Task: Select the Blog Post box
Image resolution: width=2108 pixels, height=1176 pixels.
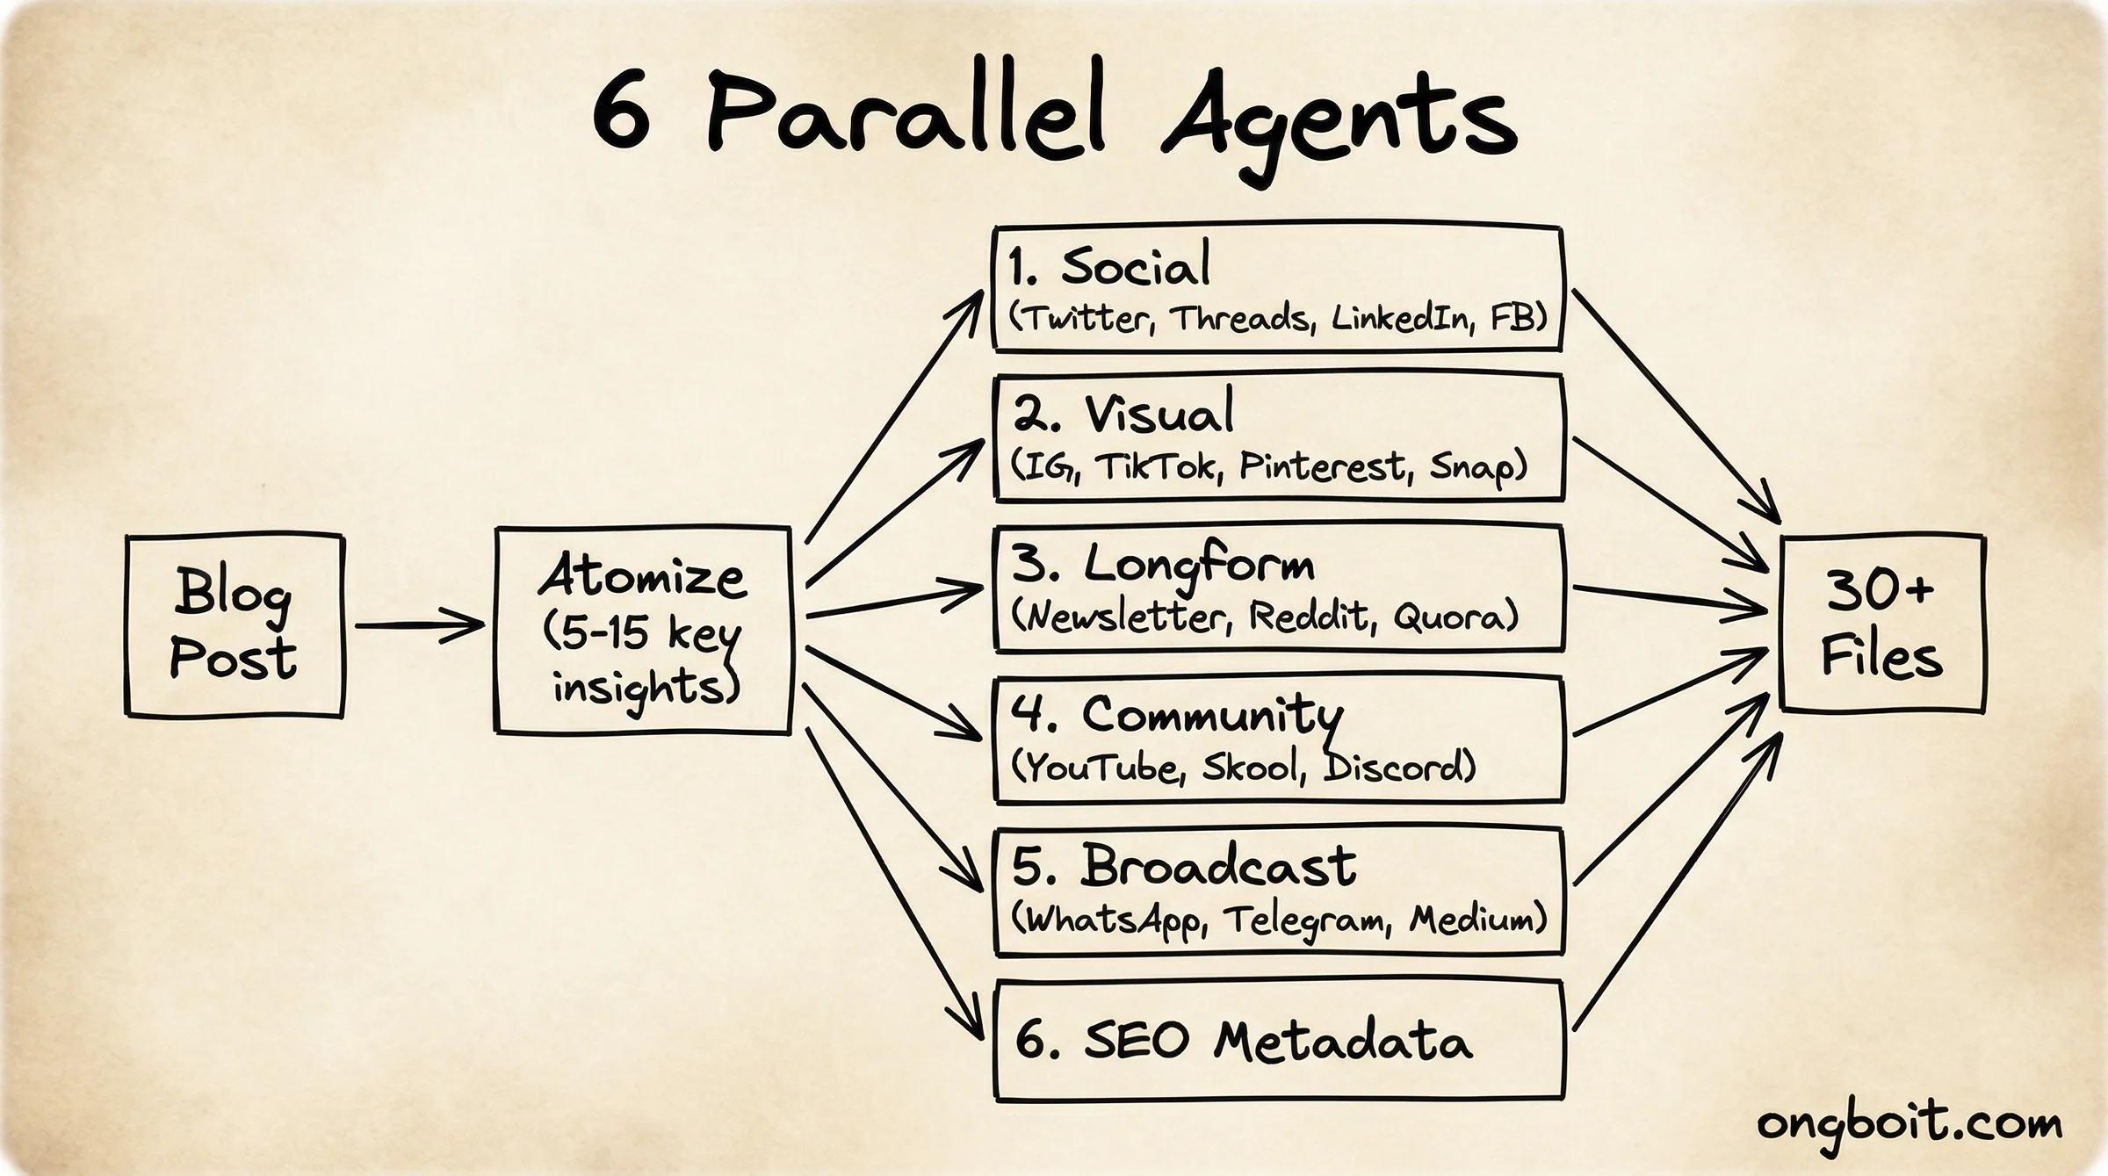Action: (x=235, y=625)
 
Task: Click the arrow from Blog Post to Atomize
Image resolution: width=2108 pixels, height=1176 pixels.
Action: (x=419, y=625)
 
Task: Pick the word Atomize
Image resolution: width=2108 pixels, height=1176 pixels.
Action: (x=643, y=579)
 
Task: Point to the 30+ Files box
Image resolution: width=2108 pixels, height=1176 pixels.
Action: (x=1881, y=624)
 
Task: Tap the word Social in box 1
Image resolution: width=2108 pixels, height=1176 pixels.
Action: (x=1135, y=264)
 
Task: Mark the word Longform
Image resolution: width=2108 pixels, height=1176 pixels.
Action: (x=1199, y=565)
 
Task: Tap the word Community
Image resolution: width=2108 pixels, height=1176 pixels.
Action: (x=1212, y=716)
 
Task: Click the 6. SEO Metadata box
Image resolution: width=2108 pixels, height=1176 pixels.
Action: (x=1279, y=1041)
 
